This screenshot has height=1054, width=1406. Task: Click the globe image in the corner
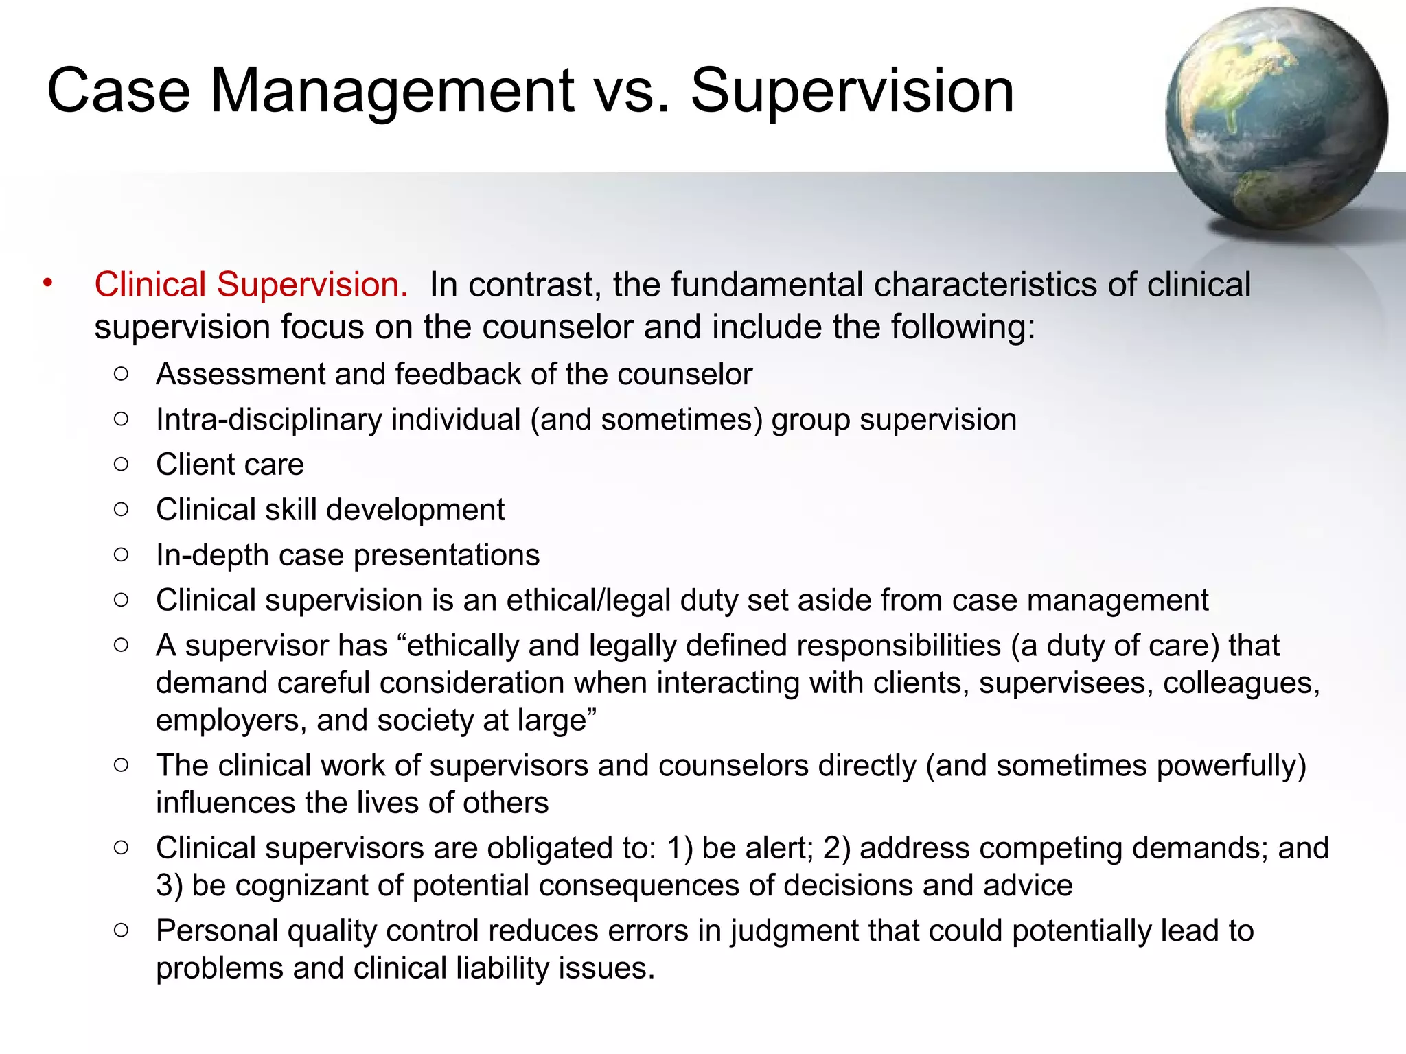[1276, 118]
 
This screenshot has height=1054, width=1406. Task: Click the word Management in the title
[392, 91]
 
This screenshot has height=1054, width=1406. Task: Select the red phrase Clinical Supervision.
[251, 284]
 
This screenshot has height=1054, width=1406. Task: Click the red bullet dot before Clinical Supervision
[47, 283]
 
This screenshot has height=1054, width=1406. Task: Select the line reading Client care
[229, 465]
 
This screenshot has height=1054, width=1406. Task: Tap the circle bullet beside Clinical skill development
[122, 509]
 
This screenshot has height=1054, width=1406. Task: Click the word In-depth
[212, 555]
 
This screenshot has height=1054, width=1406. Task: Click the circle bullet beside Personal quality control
[122, 930]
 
